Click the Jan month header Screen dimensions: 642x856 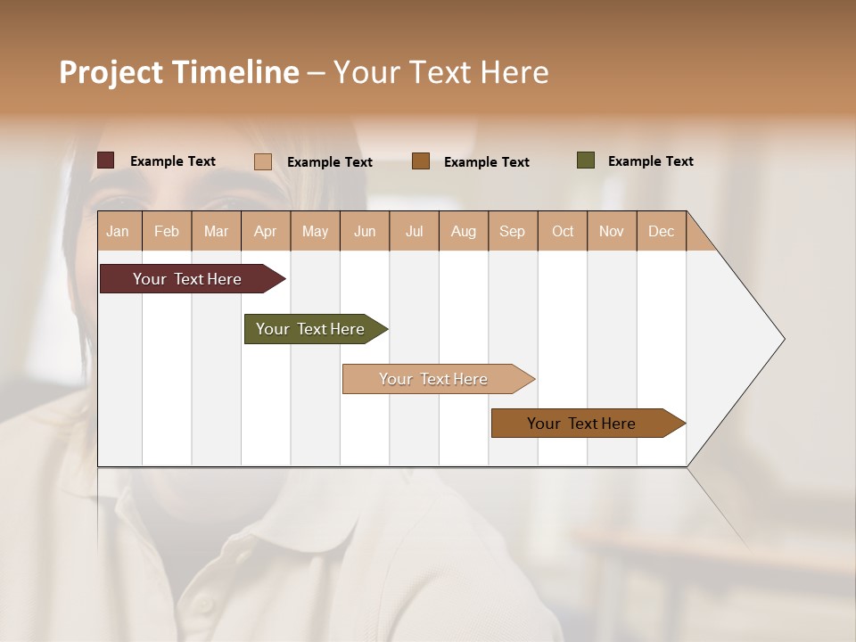click(119, 231)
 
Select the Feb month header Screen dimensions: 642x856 click(167, 231)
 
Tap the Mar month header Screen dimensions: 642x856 click(216, 231)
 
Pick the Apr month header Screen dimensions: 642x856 click(266, 231)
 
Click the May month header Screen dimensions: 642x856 click(315, 231)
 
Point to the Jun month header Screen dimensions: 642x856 click(365, 231)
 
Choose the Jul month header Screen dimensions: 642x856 click(414, 231)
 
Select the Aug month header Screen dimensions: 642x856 click(464, 231)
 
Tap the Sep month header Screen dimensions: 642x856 click(513, 231)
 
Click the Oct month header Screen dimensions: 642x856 click(563, 231)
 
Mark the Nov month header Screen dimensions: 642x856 click(612, 231)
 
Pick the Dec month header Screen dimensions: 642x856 click(662, 231)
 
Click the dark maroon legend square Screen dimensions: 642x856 click(106, 160)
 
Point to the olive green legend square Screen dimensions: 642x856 click(586, 160)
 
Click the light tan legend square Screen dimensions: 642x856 click(263, 161)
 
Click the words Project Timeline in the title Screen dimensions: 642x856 click(179, 72)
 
